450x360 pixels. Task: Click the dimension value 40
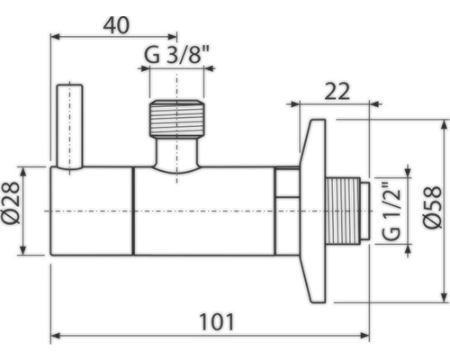pyautogui.click(x=113, y=24)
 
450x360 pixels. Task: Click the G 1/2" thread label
pyautogui.click(x=390, y=211)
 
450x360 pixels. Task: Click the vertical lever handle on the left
pyautogui.click(x=68, y=126)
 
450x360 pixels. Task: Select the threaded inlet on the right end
pyautogui.click(x=346, y=211)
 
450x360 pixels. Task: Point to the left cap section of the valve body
pyautogui.click(x=92, y=211)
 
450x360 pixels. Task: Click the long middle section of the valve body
pyautogui.click(x=203, y=211)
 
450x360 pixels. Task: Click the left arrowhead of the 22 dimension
pyautogui.click(x=292, y=103)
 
